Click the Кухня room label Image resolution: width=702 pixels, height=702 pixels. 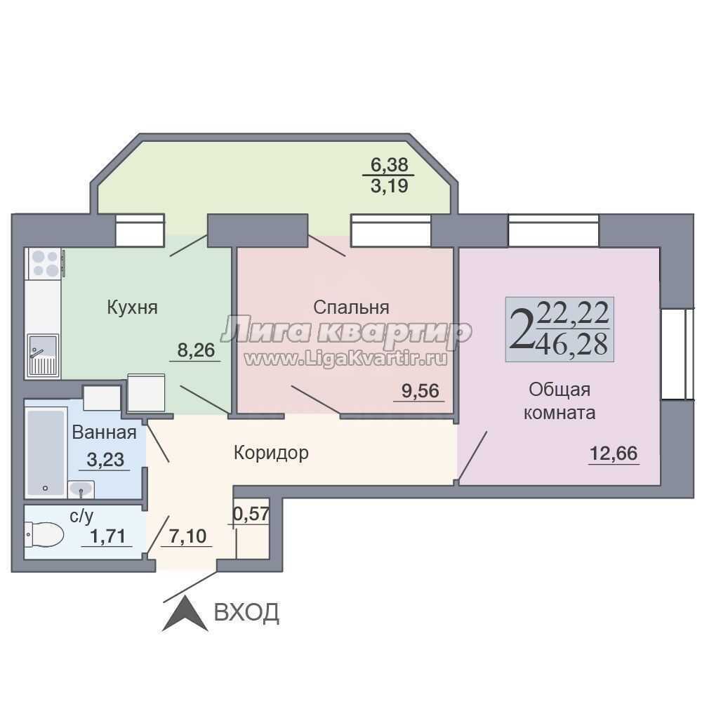coord(132,308)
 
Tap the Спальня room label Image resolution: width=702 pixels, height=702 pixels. coord(351,307)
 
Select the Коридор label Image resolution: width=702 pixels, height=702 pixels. coord(271,453)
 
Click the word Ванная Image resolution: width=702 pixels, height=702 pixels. coord(104,432)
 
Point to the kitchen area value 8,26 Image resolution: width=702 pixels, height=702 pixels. coord(196,350)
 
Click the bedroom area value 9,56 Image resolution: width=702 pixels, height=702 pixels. coord(420,391)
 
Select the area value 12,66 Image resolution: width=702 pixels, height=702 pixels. coord(614,453)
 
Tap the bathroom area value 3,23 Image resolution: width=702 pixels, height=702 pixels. coord(105,460)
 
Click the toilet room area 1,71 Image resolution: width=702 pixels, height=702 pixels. coord(108,536)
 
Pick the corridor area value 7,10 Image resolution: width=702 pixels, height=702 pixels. coord(187,536)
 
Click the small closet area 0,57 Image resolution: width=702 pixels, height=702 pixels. coord(251,514)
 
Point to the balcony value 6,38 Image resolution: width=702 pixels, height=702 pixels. coord(390,165)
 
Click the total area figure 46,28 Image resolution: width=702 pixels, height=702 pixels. coord(574,344)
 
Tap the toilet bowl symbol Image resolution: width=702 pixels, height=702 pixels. coord(44,534)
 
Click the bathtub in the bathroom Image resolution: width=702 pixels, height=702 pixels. coord(46,452)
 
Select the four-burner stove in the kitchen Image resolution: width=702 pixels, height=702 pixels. coord(45,264)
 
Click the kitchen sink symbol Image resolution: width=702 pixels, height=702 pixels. coord(43,355)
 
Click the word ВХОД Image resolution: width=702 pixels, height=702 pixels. coord(246,612)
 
